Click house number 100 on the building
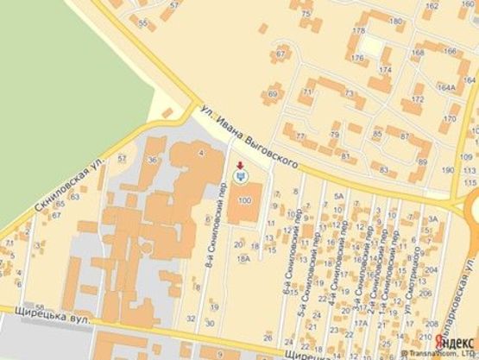[x=244, y=201]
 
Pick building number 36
[x=152, y=160]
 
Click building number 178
[x=357, y=31]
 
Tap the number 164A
[x=445, y=88]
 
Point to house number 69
[x=274, y=93]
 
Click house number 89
[x=423, y=161]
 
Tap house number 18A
[x=244, y=257]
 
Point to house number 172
[x=419, y=100]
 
